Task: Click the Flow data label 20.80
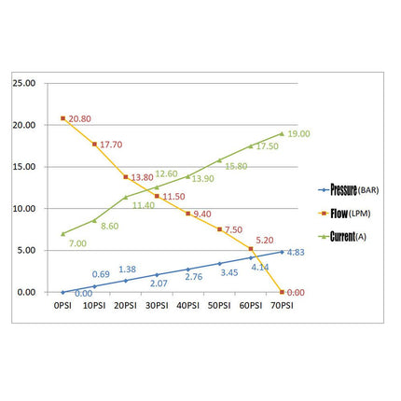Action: (80, 118)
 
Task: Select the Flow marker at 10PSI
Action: (94, 145)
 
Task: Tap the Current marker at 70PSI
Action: (282, 133)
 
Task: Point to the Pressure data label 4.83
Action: (296, 252)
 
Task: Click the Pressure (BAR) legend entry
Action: (349, 189)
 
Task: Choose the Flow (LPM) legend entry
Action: (344, 214)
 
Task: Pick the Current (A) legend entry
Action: (342, 237)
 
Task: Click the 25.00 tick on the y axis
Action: (24, 83)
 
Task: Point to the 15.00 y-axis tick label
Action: (24, 167)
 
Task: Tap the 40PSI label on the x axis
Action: (188, 306)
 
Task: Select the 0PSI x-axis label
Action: (62, 306)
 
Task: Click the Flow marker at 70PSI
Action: (282, 292)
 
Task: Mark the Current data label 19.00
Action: (298, 133)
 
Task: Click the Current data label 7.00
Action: (77, 243)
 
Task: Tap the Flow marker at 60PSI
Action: (251, 249)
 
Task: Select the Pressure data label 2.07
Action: (159, 283)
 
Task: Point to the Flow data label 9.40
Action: (202, 214)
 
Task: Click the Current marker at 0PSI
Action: (63, 234)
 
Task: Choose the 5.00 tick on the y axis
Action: (26, 250)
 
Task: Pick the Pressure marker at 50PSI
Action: (219, 264)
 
